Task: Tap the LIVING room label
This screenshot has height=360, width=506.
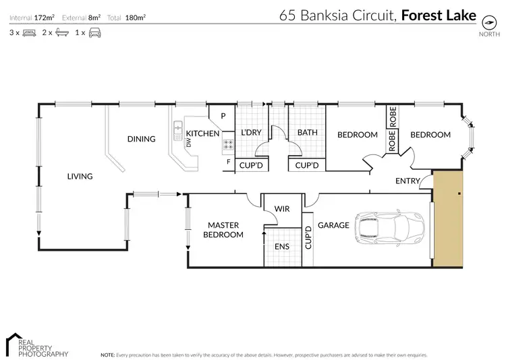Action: click(x=80, y=177)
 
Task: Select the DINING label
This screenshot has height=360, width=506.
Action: click(x=141, y=139)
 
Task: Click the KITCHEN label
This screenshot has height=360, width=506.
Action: click(x=202, y=133)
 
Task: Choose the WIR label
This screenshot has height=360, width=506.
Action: click(x=282, y=209)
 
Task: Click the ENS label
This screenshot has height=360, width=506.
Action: click(x=281, y=247)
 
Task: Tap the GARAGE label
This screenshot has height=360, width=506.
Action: click(x=333, y=225)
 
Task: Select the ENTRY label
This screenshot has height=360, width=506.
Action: click(x=407, y=181)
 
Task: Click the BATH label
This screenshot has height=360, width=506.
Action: click(x=308, y=133)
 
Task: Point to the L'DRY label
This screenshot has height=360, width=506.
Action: click(x=251, y=133)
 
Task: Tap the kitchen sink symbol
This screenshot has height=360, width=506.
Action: click(x=178, y=126)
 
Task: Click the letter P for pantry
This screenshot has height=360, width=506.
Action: click(x=221, y=115)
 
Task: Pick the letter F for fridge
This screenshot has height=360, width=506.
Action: click(x=229, y=162)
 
